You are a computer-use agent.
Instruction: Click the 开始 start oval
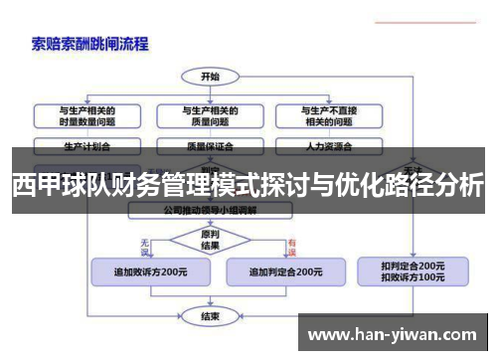tap(210, 76)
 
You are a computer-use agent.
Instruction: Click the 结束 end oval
tap(210, 315)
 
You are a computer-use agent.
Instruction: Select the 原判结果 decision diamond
tap(210, 240)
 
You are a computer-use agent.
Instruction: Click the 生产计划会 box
tap(85, 144)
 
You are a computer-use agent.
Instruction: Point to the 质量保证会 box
tap(210, 144)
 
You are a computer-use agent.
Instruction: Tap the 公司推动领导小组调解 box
tap(210, 211)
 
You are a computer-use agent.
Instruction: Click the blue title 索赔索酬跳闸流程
tap(89, 43)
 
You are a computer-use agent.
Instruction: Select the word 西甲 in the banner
tap(35, 184)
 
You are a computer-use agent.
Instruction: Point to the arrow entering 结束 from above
tap(210, 302)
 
